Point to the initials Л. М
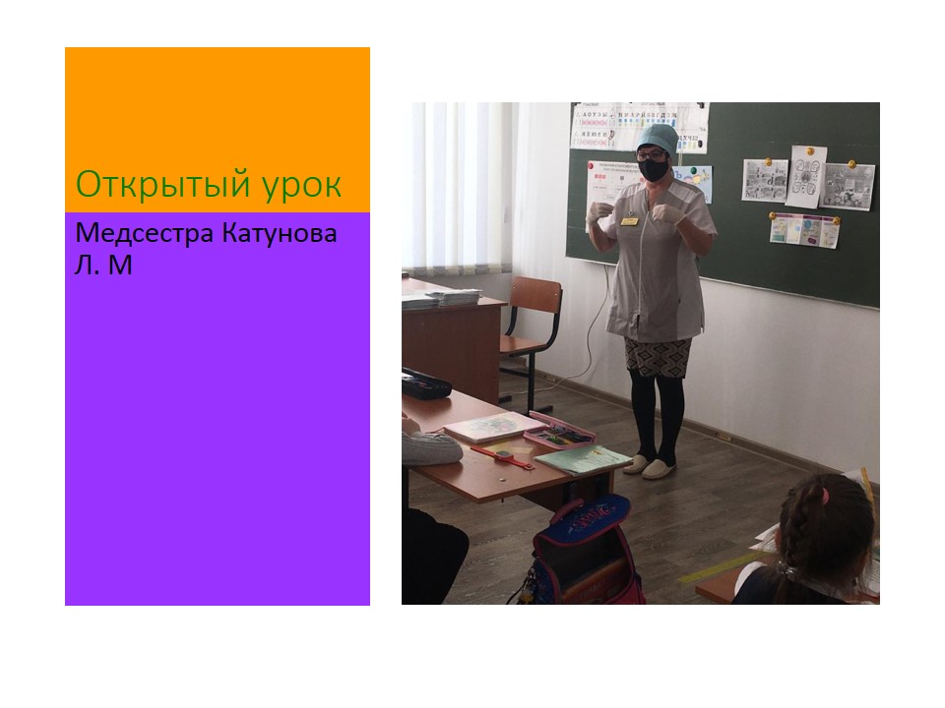pyautogui.click(x=103, y=265)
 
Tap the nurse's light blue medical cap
pyautogui.click(x=658, y=139)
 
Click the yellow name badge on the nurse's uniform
pyautogui.click(x=630, y=221)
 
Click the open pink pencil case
pyautogui.click(x=560, y=430)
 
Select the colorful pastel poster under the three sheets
pyautogui.click(x=804, y=230)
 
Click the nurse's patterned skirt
pyautogui.click(x=658, y=358)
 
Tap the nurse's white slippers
pyautogui.click(x=650, y=466)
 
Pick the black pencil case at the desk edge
pyautogui.click(x=425, y=383)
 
